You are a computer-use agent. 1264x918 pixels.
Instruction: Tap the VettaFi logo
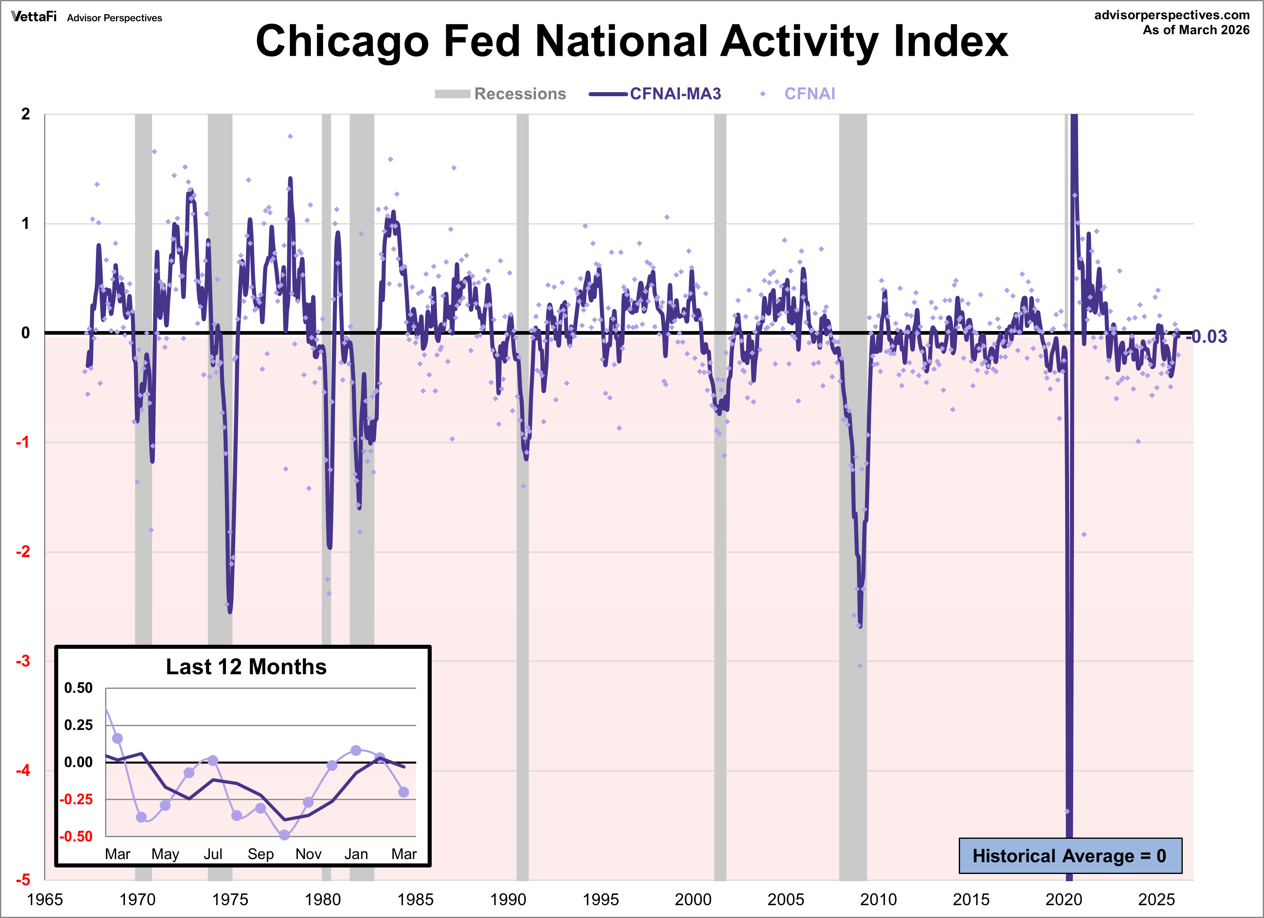pos(34,17)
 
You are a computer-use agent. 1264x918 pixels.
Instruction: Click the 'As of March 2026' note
pos(1196,30)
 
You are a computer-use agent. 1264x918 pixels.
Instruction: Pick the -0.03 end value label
pos(1207,337)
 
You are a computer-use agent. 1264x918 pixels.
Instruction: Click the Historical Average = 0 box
pos(1070,856)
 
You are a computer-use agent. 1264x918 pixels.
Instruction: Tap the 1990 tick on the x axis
pos(508,899)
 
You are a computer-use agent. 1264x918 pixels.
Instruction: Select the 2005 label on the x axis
pos(785,899)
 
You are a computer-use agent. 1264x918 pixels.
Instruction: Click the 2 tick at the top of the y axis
pos(25,114)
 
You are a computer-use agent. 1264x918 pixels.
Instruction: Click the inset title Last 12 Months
pos(246,667)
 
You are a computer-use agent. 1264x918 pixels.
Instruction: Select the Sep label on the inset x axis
pos(260,854)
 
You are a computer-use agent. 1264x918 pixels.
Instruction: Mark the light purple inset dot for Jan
pos(356,751)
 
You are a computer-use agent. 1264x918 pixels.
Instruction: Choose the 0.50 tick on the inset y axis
pos(78,688)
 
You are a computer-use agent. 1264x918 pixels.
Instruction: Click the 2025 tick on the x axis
pos(1156,899)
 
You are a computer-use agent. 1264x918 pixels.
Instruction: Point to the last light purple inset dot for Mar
pos(403,792)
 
